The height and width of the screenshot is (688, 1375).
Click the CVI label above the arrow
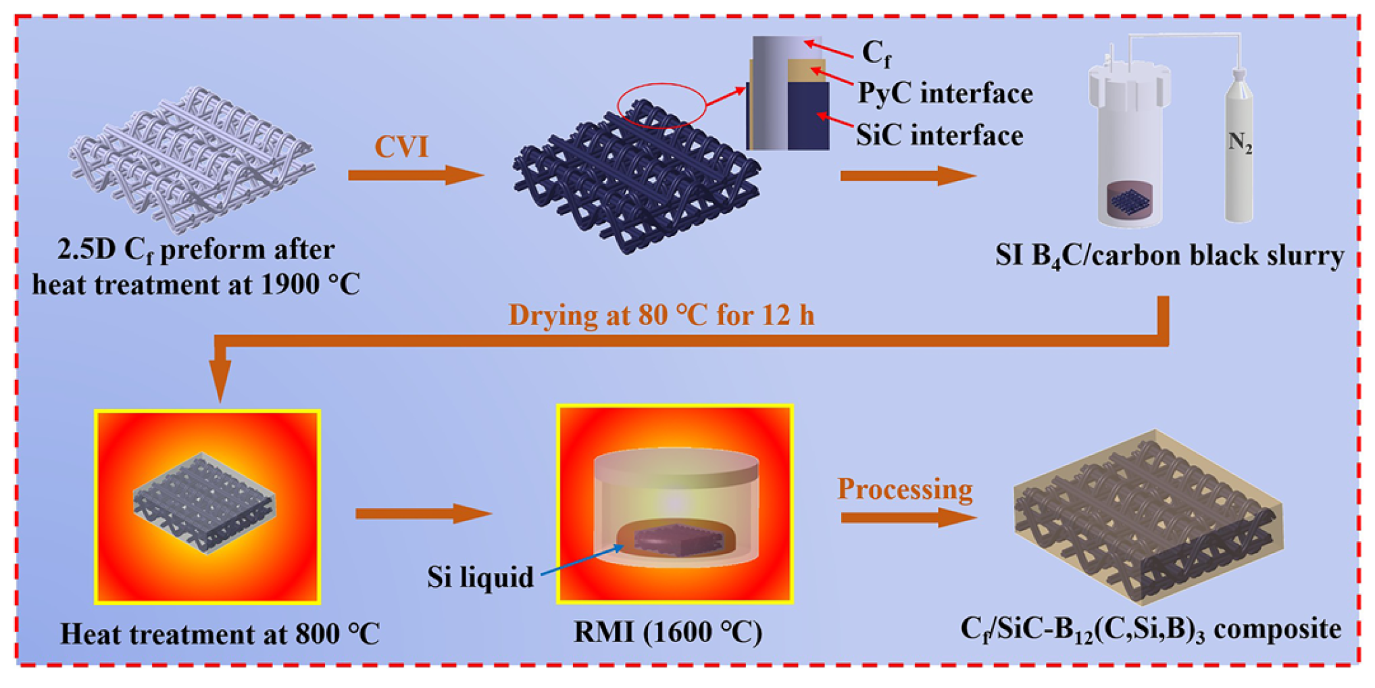point(401,147)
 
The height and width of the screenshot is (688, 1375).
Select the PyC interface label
point(945,93)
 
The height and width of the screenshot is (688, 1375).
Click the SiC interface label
point(939,136)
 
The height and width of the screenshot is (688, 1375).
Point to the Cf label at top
point(876,52)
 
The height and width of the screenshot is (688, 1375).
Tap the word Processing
point(905,489)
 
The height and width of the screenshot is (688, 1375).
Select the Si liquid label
point(480,577)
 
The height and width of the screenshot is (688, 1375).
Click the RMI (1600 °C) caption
point(668,633)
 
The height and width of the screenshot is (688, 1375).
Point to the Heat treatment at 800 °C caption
point(220,634)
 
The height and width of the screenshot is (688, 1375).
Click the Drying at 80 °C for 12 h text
point(661,316)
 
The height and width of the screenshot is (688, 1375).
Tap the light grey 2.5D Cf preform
point(193,159)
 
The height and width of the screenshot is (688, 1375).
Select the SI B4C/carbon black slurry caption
point(1169,256)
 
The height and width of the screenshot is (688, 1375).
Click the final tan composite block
point(1149,517)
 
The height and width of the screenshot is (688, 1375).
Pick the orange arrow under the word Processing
point(907,518)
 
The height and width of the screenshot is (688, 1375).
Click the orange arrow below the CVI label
point(415,176)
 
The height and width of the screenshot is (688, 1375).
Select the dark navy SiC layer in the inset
point(808,116)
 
